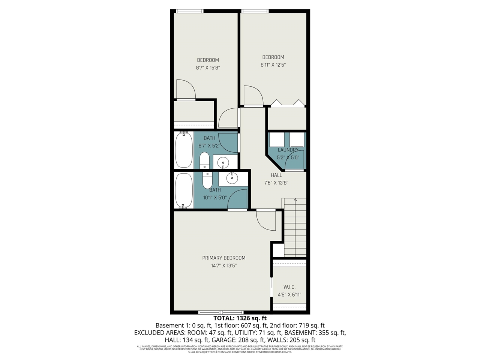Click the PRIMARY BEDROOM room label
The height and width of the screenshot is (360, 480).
pyautogui.click(x=223, y=258)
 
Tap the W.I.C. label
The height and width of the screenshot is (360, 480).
pyautogui.click(x=289, y=287)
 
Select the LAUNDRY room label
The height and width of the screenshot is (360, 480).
pyautogui.click(x=288, y=150)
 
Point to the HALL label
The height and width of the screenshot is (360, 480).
pyautogui.click(x=276, y=175)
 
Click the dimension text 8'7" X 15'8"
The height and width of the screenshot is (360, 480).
pyautogui.click(x=208, y=68)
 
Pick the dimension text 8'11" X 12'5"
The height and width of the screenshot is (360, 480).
pyautogui.click(x=273, y=65)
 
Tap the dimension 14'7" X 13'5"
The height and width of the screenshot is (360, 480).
pyautogui.click(x=223, y=266)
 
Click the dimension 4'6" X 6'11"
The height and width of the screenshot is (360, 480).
pyautogui.click(x=289, y=295)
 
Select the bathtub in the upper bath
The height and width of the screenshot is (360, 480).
pyautogui.click(x=184, y=150)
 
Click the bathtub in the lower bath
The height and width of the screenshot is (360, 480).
pyautogui.click(x=184, y=190)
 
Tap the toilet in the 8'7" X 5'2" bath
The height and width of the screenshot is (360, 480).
pyautogui.click(x=204, y=160)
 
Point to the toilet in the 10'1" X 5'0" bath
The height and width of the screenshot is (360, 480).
pyautogui.click(x=207, y=180)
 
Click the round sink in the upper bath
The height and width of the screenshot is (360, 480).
pyautogui.click(x=223, y=162)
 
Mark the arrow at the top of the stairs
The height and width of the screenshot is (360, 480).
pyautogui.click(x=295, y=200)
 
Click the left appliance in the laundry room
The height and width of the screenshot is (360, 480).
pyautogui.click(x=277, y=140)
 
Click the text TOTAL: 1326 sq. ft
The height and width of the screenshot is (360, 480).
pyautogui.click(x=240, y=318)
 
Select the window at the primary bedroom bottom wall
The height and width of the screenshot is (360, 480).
pyautogui.click(x=220, y=312)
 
